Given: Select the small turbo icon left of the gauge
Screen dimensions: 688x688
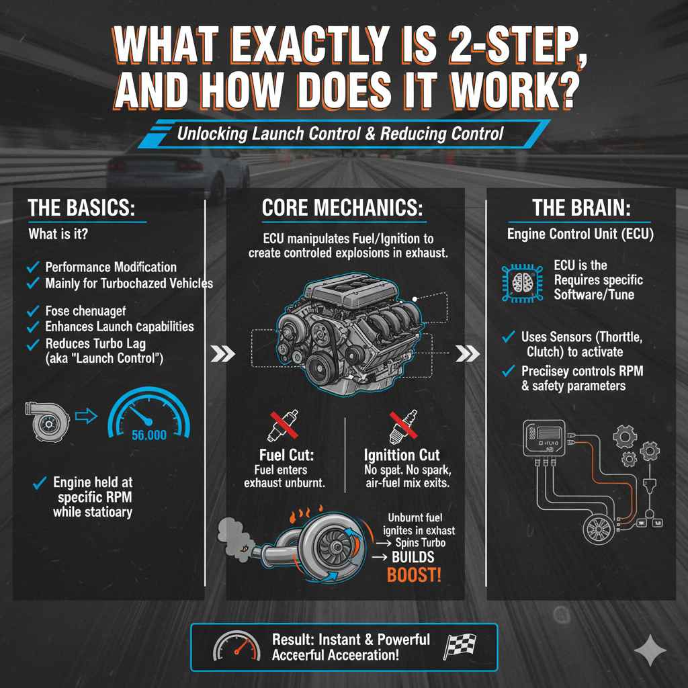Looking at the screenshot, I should pos(46,421).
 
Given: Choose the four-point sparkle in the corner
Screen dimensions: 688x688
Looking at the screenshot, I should pos(650,651).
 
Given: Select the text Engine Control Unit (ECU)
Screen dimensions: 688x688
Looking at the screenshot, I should pos(580,234).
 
